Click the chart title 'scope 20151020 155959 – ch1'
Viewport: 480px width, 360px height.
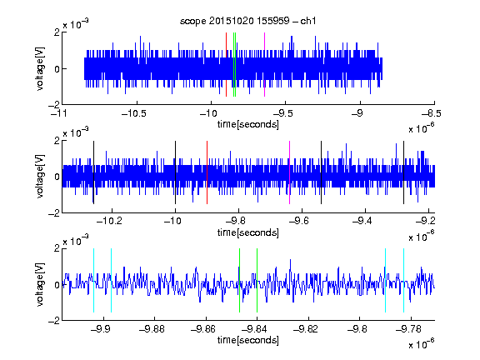(x=247, y=21)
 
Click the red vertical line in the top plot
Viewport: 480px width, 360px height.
(x=226, y=65)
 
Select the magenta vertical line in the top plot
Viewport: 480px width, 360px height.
(x=264, y=65)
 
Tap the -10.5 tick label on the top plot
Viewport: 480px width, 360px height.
(x=134, y=113)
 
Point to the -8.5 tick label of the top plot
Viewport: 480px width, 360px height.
(x=431, y=113)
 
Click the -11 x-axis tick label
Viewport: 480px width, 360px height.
(x=59, y=113)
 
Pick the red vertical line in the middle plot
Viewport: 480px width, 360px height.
(x=207, y=172)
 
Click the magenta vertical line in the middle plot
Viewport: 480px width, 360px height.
(x=290, y=172)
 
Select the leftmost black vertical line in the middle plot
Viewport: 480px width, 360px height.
(x=93, y=172)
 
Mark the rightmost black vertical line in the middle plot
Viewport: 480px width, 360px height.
(x=404, y=172)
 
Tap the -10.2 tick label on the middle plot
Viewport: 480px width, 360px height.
(x=109, y=221)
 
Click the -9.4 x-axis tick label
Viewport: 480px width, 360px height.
(x=362, y=221)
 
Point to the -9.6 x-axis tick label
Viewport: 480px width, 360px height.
(x=299, y=221)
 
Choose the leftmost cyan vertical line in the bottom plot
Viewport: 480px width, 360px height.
(x=93, y=280)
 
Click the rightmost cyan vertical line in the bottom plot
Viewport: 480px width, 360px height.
(x=404, y=280)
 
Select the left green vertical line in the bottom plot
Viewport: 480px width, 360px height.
(x=239, y=280)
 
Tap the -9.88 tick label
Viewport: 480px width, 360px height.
(x=152, y=329)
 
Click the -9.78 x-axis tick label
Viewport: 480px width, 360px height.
(x=408, y=329)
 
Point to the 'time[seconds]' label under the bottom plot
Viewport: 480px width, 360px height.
(x=248, y=340)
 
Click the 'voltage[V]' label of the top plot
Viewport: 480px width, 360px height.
(x=40, y=68)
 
